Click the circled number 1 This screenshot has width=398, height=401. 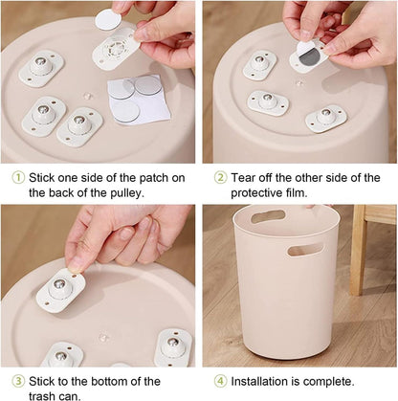tap(17, 177)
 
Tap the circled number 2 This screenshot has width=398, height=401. tap(219, 177)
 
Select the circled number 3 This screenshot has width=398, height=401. tap(17, 381)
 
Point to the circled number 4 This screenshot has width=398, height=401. tap(219, 381)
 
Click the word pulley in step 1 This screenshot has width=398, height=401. tap(114, 192)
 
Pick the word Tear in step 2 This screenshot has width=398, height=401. tap(247, 177)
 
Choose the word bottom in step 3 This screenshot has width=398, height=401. tap(116, 381)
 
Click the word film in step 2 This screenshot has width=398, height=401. tap(315, 192)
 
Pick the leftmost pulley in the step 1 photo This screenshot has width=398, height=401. tap(40, 67)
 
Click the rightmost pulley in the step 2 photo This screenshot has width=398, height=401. tap(326, 118)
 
